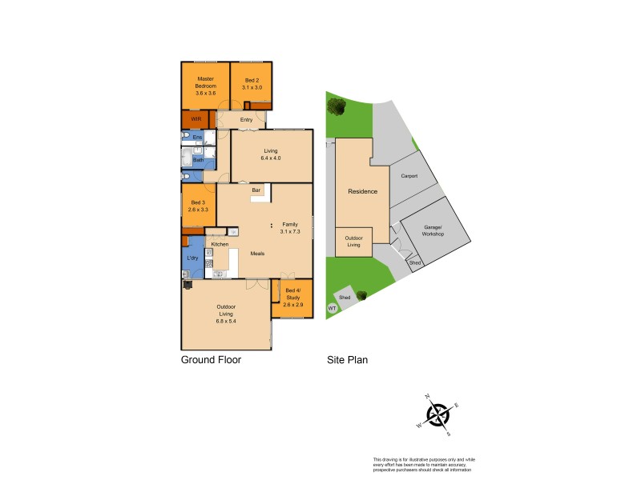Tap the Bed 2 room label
[252, 84]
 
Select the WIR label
[195, 120]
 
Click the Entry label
[246, 120]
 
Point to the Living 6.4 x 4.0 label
[271, 154]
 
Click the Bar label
[256, 190]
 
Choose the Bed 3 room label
[197, 206]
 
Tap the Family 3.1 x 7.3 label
[289, 228]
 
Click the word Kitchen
[220, 243]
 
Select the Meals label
[257, 254]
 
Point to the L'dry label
[192, 258]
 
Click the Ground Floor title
[211, 360]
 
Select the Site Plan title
[347, 360]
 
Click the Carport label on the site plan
[409, 176]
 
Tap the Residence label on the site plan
[362, 191]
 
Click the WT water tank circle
[332, 308]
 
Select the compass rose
[437, 414]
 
